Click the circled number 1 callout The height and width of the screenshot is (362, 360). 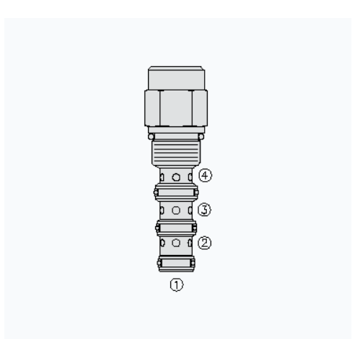click(x=177, y=285)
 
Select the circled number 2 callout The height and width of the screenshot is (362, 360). click(x=205, y=243)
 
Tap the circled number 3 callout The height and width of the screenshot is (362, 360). click(x=205, y=210)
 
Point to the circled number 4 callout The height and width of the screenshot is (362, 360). click(x=206, y=175)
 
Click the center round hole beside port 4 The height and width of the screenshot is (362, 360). click(x=176, y=177)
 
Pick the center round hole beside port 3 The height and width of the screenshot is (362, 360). click(x=176, y=210)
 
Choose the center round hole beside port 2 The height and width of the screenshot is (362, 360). click(x=176, y=243)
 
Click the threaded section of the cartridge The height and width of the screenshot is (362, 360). click(x=176, y=152)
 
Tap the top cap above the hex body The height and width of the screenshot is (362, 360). click(x=176, y=78)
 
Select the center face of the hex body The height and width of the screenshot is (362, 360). click(x=176, y=108)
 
